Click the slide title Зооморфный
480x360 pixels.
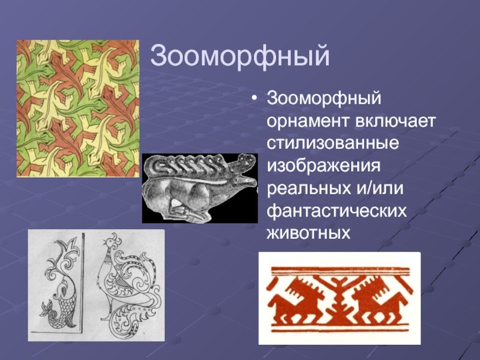click(x=239, y=56)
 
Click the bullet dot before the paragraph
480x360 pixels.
click(x=254, y=98)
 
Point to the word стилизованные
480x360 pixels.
click(x=333, y=143)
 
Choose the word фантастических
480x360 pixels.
click(x=337, y=211)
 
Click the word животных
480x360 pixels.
click(x=308, y=233)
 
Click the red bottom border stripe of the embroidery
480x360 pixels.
click(x=339, y=331)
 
